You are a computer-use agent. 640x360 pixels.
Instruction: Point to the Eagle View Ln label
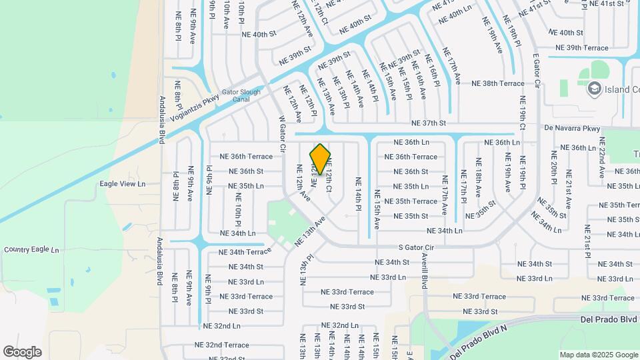122,184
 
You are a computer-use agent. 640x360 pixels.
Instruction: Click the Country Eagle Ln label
31,249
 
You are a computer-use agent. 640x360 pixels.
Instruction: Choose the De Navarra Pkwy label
572,128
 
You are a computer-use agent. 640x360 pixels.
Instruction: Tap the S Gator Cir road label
416,247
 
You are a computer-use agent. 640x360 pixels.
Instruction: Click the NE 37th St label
429,123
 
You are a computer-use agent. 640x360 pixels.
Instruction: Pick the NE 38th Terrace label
498,84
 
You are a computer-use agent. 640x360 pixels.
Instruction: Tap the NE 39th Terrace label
583,48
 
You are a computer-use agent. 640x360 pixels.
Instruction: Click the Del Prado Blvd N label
478,339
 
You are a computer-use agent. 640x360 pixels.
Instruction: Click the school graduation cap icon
593,88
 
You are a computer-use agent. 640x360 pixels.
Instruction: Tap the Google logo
22,351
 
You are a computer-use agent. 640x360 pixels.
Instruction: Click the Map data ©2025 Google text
598,355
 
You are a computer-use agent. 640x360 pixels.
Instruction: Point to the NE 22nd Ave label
601,157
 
